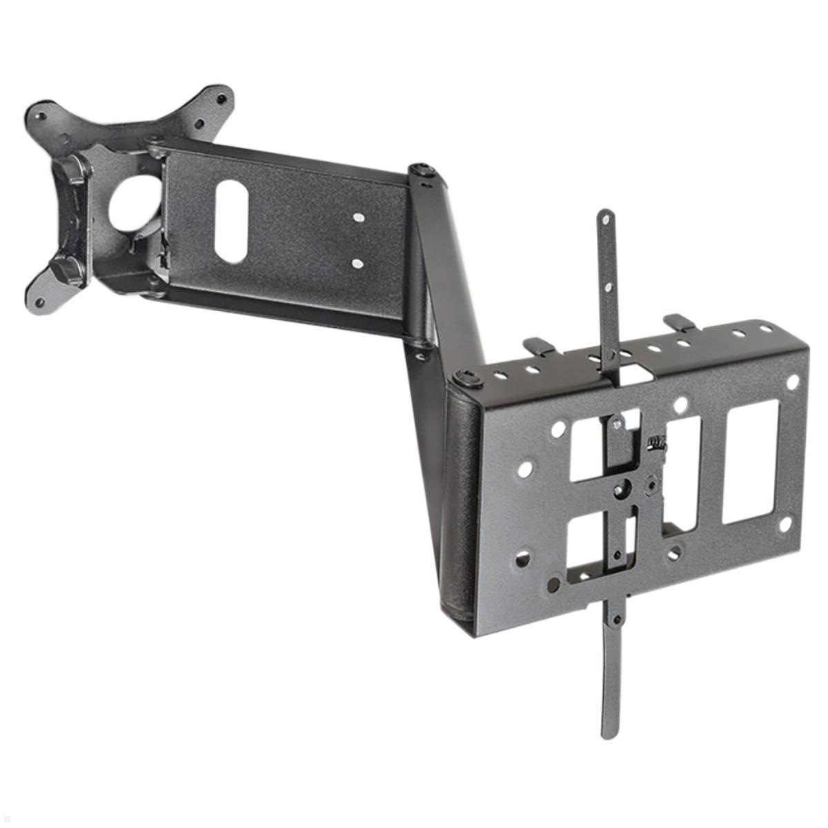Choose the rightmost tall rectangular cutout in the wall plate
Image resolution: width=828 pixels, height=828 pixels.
coord(750,460)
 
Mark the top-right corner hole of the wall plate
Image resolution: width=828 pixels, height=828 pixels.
coord(793,381)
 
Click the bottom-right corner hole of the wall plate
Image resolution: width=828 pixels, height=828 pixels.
coord(785,524)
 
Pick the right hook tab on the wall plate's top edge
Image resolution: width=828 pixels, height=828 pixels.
coord(678,321)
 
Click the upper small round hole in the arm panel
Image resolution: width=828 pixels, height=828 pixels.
coord(357,217)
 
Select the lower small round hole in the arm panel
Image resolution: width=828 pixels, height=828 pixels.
coord(357,263)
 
